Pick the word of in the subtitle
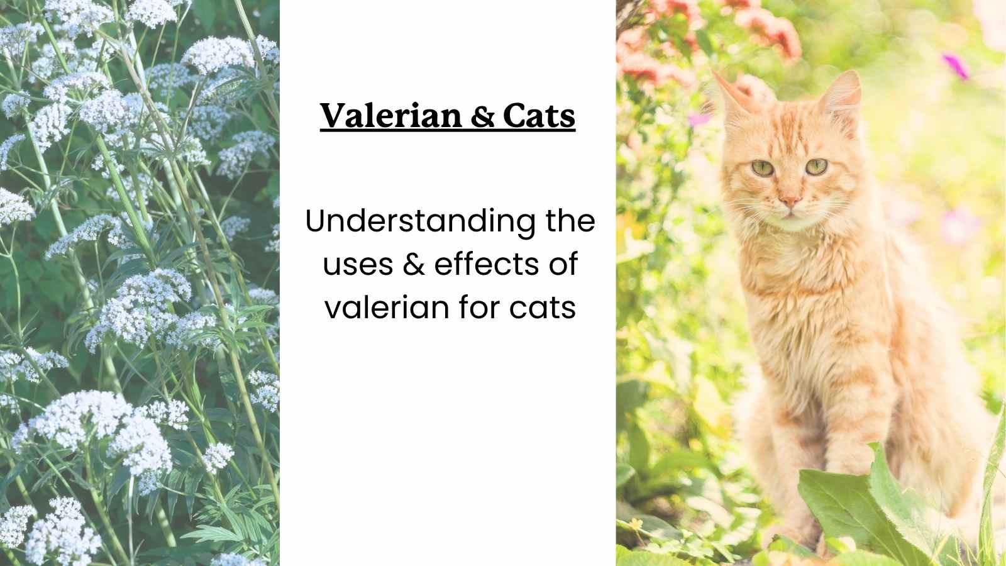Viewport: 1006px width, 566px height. [561, 265]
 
